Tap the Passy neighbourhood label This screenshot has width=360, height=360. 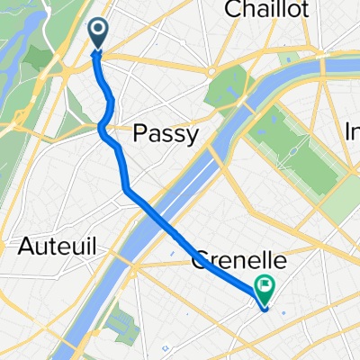(x=164, y=135)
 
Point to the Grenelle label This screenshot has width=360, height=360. (x=240, y=262)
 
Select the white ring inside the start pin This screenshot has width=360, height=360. (x=98, y=32)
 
